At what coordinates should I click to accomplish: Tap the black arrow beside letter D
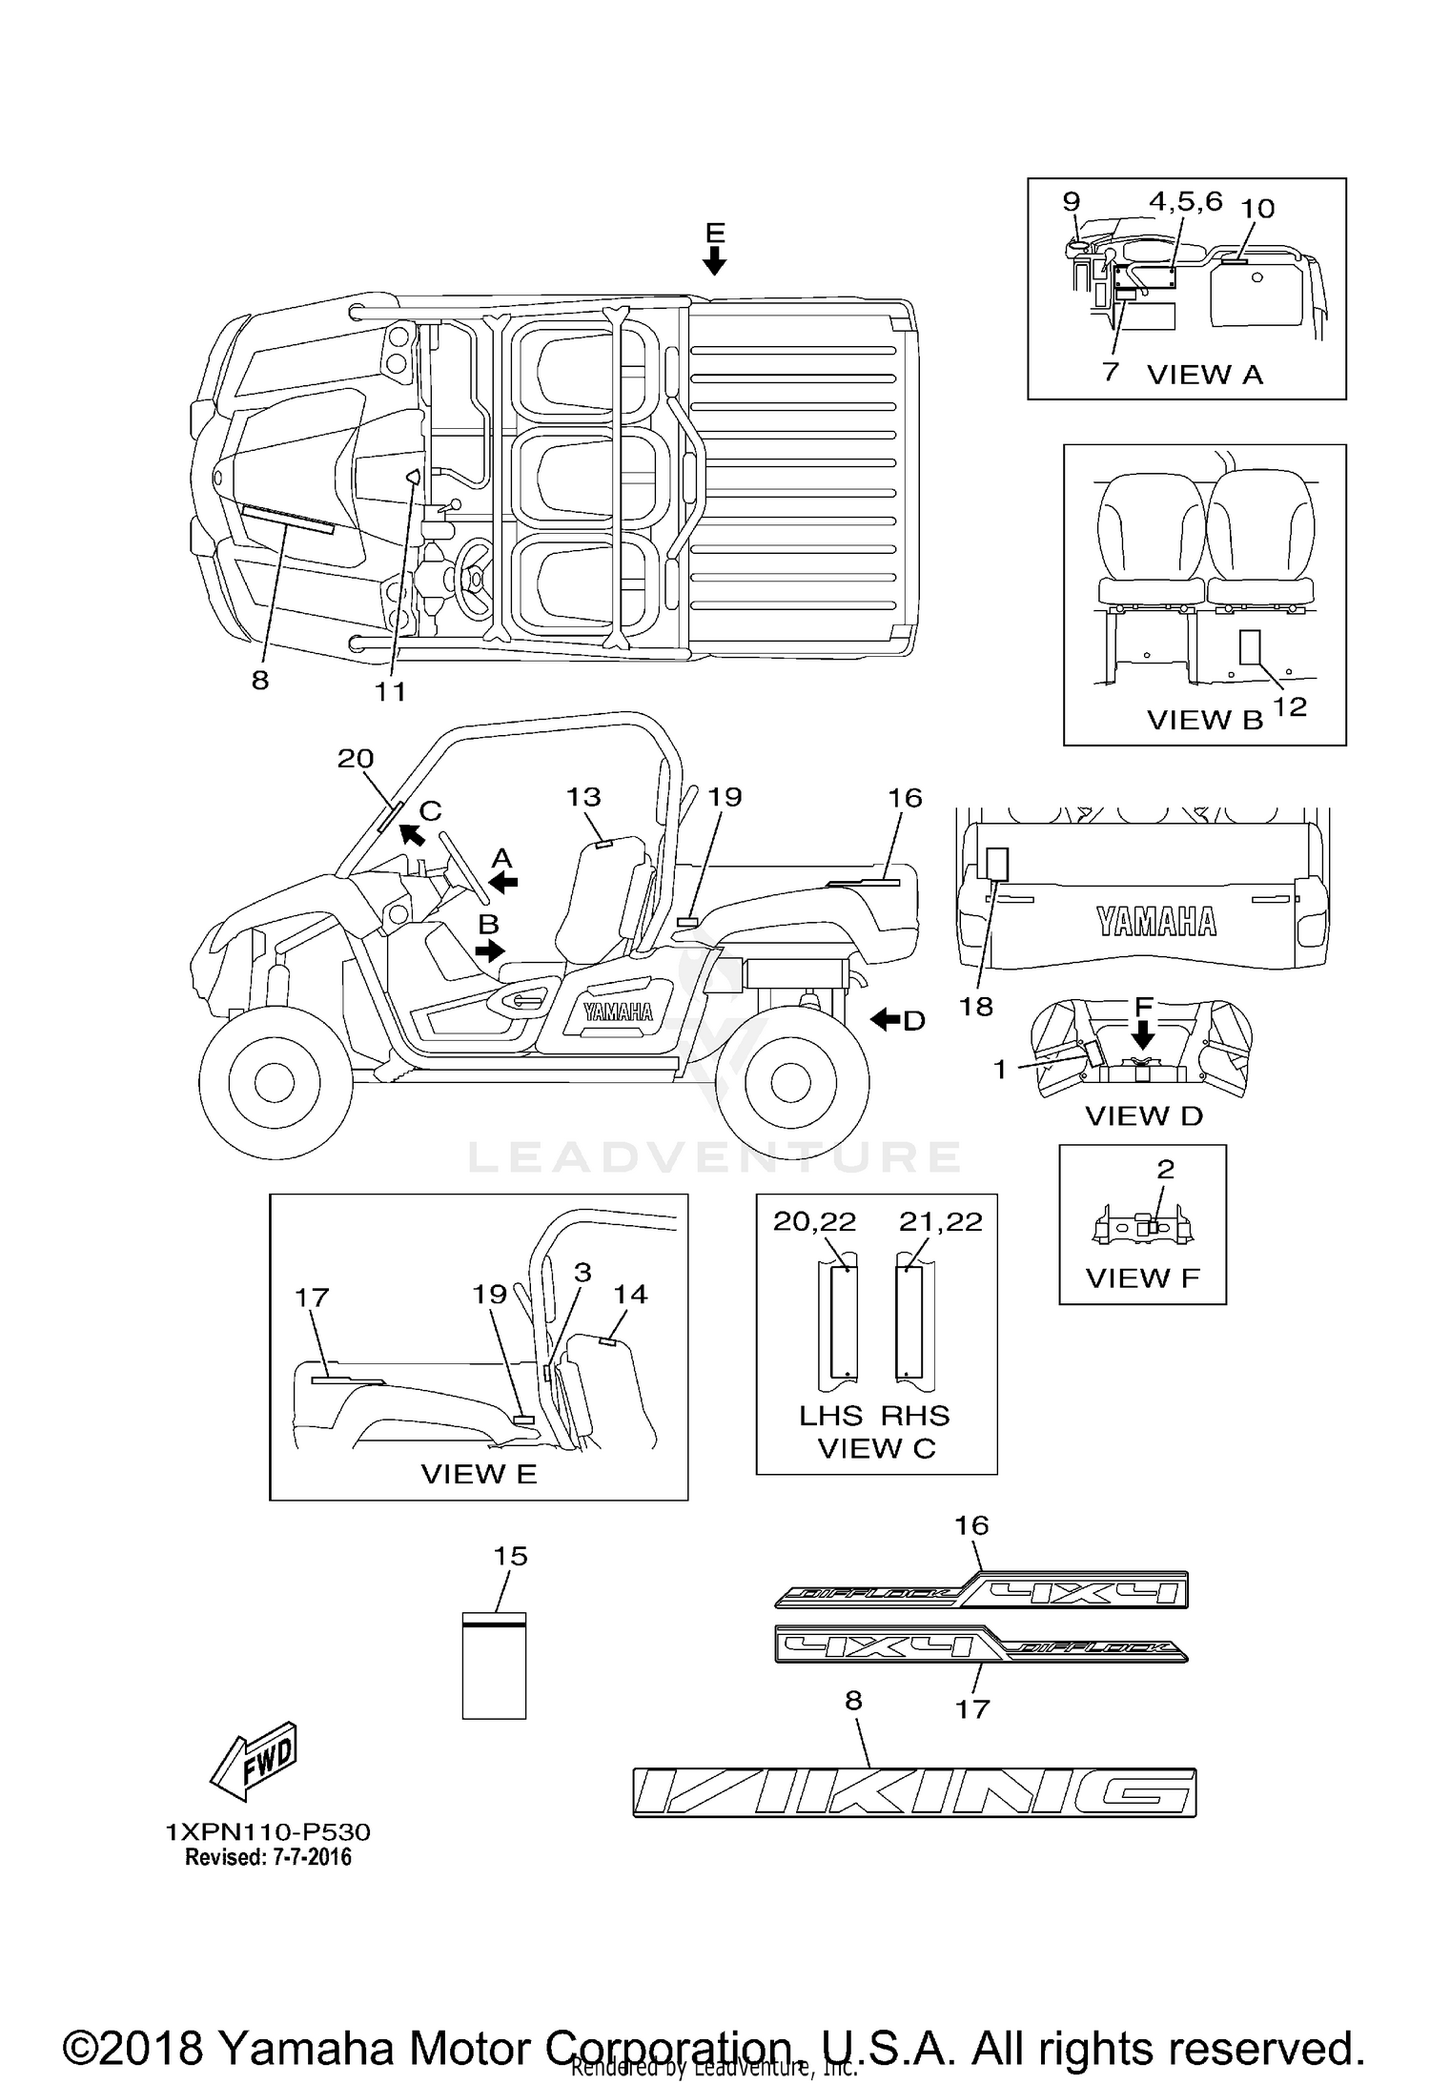(886, 1020)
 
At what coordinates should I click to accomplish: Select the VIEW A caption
(1204, 375)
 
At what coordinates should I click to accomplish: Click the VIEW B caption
(1204, 720)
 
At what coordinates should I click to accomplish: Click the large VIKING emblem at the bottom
(914, 1792)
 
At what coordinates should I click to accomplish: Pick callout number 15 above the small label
(510, 1556)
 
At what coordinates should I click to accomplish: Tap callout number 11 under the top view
(390, 692)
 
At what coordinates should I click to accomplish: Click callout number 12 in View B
(1289, 706)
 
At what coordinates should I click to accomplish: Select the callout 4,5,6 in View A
(1185, 201)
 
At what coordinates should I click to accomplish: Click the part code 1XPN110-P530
(268, 1831)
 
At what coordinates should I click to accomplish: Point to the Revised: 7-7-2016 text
(268, 1857)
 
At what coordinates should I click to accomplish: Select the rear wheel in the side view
(792, 1080)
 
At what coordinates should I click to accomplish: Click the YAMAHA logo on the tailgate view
(1155, 921)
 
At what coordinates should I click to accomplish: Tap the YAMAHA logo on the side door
(618, 1012)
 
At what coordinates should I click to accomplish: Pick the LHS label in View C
(830, 1416)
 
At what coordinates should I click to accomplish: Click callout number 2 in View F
(1165, 1169)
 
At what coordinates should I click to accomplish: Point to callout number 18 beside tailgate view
(976, 1006)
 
